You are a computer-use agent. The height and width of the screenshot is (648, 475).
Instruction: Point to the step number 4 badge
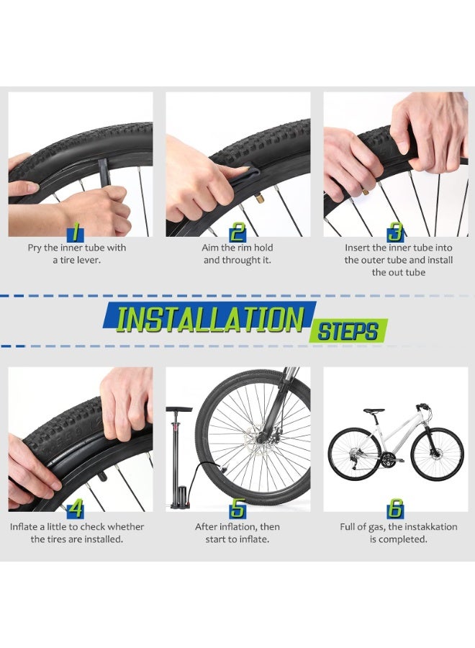pos(75,510)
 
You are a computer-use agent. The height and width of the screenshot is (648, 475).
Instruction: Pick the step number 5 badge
pos(237,510)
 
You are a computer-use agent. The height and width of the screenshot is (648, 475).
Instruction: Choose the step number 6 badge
pos(395,510)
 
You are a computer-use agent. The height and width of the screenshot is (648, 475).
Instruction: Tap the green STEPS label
pos(348,332)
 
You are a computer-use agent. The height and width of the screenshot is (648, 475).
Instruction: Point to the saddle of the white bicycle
pos(373,411)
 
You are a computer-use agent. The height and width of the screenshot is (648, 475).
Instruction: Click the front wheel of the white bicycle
pos(437,454)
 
